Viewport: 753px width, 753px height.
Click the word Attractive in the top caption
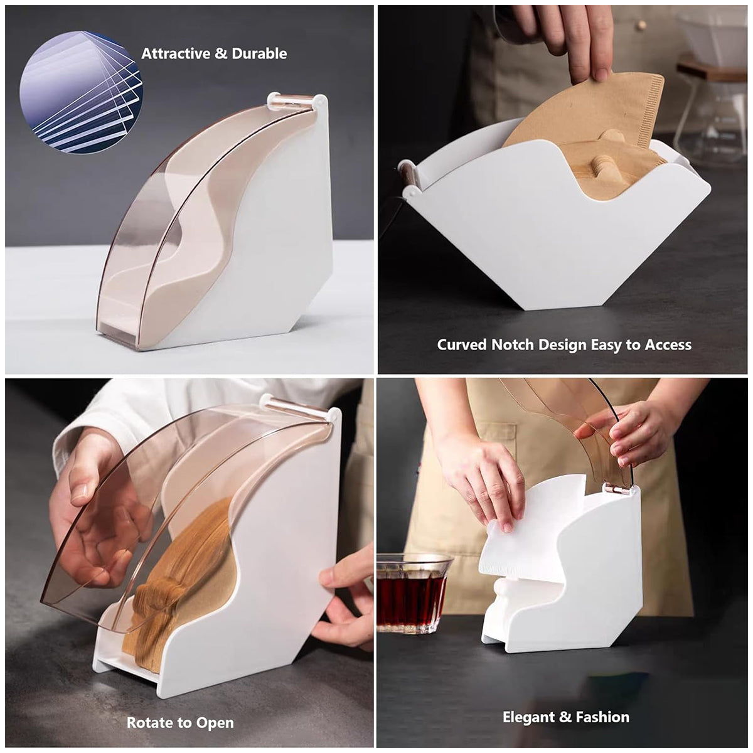click(x=176, y=54)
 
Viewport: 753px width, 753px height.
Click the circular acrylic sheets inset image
click(x=81, y=92)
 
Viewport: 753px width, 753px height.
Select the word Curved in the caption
click(x=462, y=344)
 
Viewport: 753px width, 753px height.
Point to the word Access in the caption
click(x=668, y=344)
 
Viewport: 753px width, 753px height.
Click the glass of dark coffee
click(x=411, y=593)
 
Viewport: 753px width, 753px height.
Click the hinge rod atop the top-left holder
click(x=294, y=99)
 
